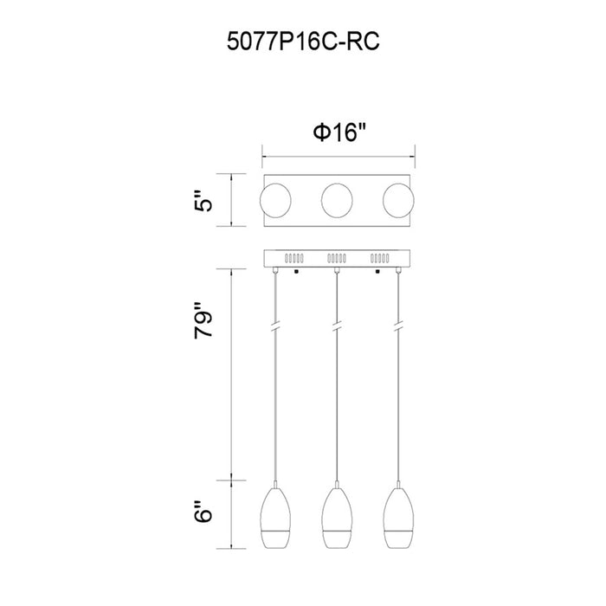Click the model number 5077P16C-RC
[303, 42]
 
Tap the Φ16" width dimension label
[339, 132]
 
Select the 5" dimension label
[203, 200]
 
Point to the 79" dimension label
[203, 320]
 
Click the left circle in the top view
[275, 201]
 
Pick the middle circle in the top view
[337, 201]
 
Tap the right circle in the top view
[398, 201]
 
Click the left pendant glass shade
[275, 519]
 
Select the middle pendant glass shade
[337, 519]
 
